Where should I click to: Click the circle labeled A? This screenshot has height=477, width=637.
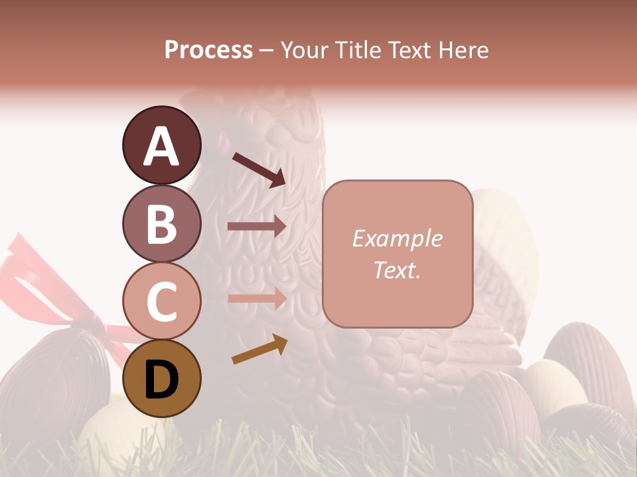click(x=161, y=145)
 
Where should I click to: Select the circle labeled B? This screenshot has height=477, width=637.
click(x=161, y=223)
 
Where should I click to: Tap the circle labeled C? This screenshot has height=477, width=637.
click(x=161, y=301)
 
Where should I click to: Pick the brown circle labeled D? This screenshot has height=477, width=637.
click(x=161, y=378)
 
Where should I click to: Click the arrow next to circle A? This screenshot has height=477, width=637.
click(x=259, y=169)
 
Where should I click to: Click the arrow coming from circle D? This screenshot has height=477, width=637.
click(x=259, y=350)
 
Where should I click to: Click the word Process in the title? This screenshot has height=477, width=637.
click(x=208, y=50)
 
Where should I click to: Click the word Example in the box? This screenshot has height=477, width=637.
click(x=397, y=238)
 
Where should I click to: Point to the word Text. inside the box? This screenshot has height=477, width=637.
click(x=397, y=270)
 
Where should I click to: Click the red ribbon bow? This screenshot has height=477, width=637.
click(x=40, y=278)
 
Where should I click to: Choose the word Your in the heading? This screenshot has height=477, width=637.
click(x=304, y=50)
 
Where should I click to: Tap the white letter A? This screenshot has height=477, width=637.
click(x=161, y=146)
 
